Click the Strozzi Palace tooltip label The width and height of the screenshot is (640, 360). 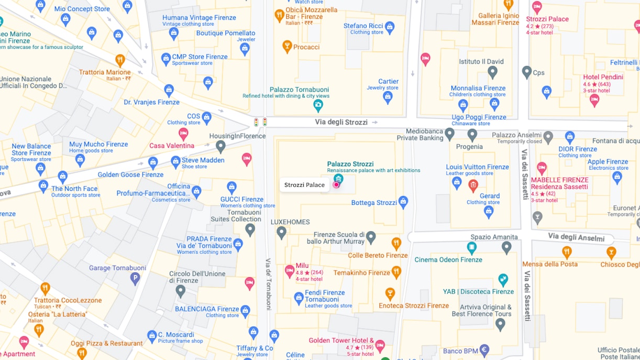[x=304, y=185]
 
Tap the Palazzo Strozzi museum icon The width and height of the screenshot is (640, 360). [x=338, y=179]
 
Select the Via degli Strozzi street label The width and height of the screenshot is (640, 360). [x=341, y=122]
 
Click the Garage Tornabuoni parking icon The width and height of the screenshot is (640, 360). [x=135, y=279]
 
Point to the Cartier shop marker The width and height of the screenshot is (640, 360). [x=388, y=97]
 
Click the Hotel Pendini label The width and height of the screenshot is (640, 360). [x=603, y=77]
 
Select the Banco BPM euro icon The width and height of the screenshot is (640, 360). [x=484, y=350]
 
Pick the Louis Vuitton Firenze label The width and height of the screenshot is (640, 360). [x=477, y=167]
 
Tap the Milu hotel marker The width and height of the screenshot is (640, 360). [x=289, y=271]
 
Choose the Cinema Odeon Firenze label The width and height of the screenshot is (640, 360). [x=448, y=260]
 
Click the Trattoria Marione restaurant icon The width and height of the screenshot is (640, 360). [x=120, y=60]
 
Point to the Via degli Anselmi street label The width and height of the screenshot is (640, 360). [x=576, y=237]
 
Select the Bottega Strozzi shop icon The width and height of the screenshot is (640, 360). [x=403, y=202]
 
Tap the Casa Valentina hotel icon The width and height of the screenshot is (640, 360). [x=183, y=134]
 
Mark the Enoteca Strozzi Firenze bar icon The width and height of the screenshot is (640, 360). [x=390, y=293]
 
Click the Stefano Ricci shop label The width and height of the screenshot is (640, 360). [x=363, y=26]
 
